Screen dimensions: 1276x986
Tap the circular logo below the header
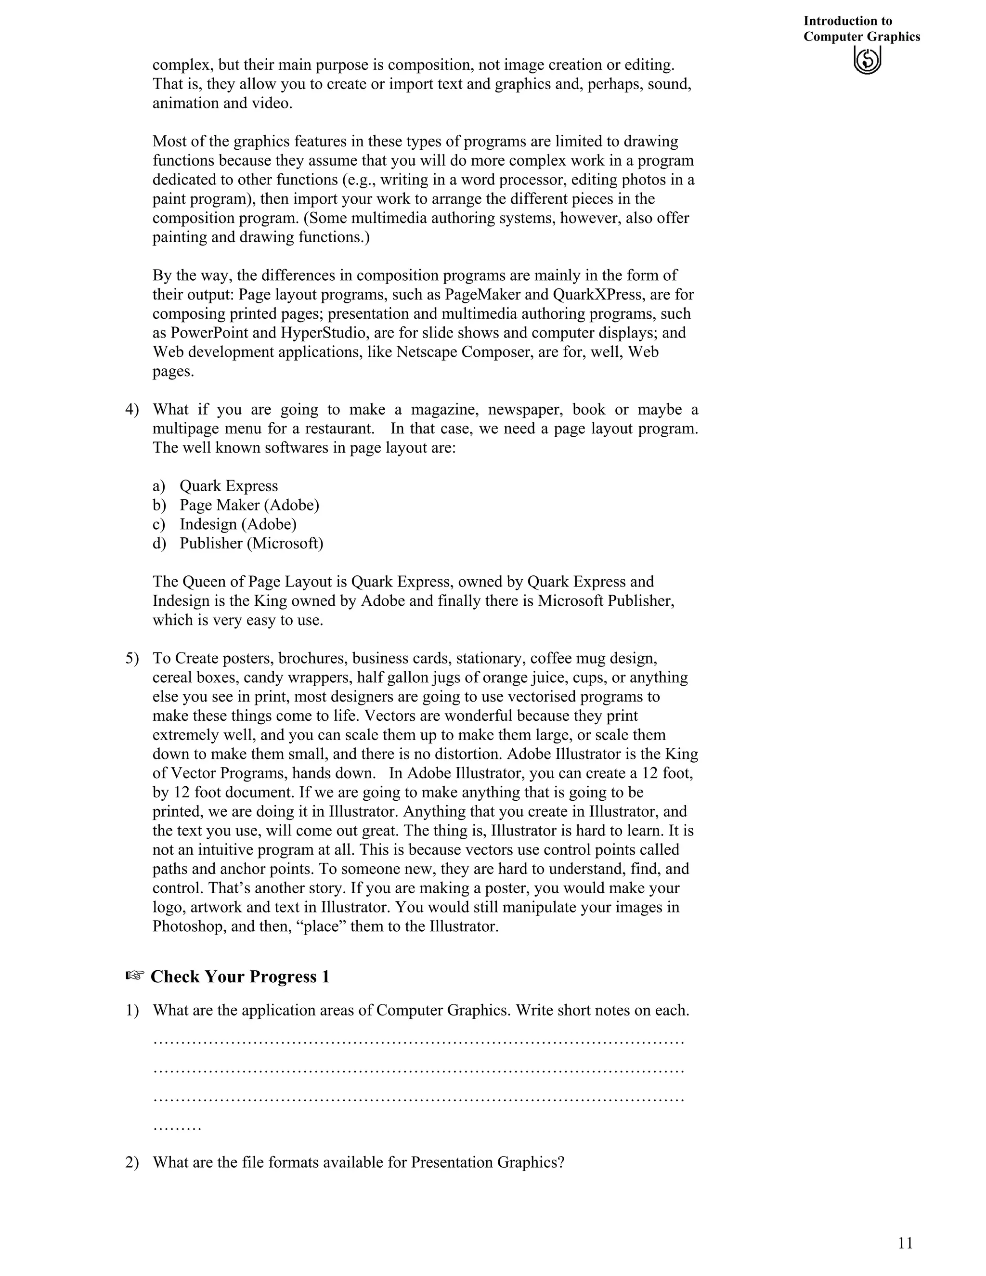pos(868,60)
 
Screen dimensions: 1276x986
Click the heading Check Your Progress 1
pos(240,977)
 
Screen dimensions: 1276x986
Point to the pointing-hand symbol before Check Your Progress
pos(135,976)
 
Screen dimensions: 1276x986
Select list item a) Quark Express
pos(228,486)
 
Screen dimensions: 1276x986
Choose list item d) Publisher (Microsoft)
pos(251,543)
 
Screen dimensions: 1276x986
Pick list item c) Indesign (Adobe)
pos(238,524)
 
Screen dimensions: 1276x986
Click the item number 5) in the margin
pos(132,658)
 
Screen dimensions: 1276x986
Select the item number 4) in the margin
pos(132,410)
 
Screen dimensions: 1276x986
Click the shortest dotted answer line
pos(177,1128)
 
